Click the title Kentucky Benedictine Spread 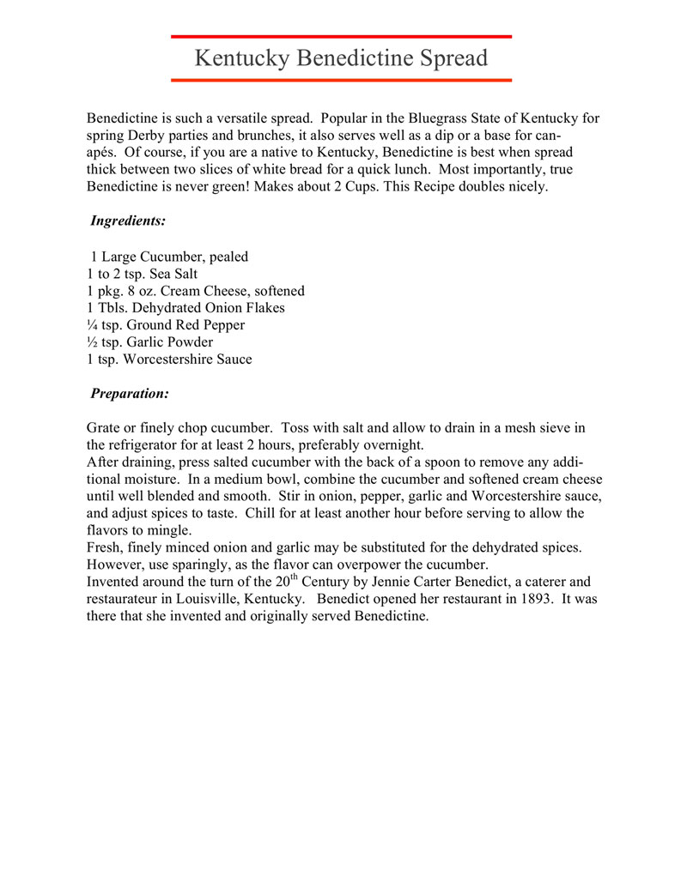click(341, 58)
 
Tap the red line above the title click(341, 37)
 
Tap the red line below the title click(341, 80)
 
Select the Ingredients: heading click(128, 220)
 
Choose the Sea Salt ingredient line click(142, 274)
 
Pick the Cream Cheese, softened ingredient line click(195, 291)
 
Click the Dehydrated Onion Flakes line click(185, 308)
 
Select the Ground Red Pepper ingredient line click(166, 325)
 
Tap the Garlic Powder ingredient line click(149, 342)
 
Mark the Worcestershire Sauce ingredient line click(169, 359)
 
